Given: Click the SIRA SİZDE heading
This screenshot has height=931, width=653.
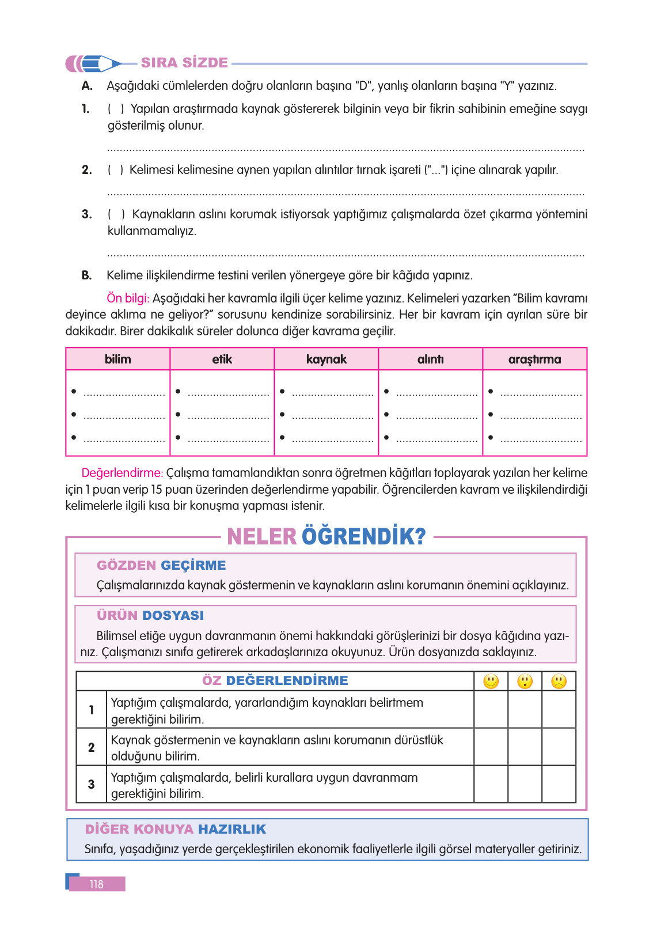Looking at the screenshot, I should click(184, 63).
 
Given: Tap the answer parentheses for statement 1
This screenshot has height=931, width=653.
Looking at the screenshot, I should click(116, 109).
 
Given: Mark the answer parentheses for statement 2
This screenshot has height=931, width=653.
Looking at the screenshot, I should click(115, 170).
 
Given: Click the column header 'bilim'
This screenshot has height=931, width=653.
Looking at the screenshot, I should click(118, 359).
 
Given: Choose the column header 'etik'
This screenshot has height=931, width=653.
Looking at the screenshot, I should click(222, 359).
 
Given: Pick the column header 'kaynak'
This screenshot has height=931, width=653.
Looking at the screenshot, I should click(327, 359).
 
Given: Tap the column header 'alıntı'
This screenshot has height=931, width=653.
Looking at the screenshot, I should click(431, 359).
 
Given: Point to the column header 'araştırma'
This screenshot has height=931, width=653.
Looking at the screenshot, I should click(534, 359).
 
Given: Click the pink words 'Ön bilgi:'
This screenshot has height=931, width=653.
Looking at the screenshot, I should click(128, 298).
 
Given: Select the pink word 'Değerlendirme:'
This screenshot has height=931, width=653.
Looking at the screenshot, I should click(122, 473).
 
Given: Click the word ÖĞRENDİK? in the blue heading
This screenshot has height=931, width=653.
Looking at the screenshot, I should click(363, 536).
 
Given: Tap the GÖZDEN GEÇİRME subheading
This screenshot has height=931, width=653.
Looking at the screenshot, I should click(161, 565).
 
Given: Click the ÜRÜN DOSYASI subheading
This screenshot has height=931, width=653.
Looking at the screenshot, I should click(150, 615).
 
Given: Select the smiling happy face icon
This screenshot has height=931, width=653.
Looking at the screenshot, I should click(491, 682).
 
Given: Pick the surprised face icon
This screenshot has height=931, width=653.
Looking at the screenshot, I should click(525, 682).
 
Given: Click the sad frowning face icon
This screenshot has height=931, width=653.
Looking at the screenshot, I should click(559, 682).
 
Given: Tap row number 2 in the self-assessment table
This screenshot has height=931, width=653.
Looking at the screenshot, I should click(92, 747).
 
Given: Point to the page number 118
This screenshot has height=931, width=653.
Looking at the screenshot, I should click(97, 884).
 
